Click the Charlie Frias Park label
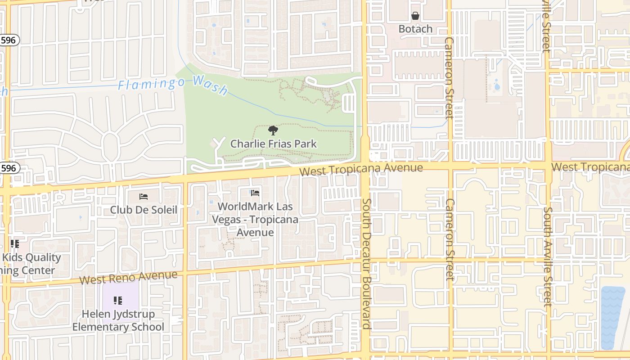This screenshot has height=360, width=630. point(274,144)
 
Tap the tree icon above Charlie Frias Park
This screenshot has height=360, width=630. point(273,131)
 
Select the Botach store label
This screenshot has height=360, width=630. point(415,29)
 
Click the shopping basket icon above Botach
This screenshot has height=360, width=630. point(415,16)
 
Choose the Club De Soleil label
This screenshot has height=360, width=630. point(144,210)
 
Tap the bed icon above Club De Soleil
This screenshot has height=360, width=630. point(144,197)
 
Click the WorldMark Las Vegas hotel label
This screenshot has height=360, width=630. point(255,220)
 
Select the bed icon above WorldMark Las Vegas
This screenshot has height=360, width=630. point(255,193)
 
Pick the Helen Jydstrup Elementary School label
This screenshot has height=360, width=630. point(118,320)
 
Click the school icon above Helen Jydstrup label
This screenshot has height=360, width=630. point(118,300)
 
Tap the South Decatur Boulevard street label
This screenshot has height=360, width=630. point(366,264)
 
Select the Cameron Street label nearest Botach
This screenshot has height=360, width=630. point(449,77)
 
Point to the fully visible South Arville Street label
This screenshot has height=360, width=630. point(548,256)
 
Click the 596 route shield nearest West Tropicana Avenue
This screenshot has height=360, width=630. point(9,168)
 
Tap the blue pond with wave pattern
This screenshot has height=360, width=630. point(612,317)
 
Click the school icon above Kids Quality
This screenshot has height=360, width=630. point(15,244)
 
